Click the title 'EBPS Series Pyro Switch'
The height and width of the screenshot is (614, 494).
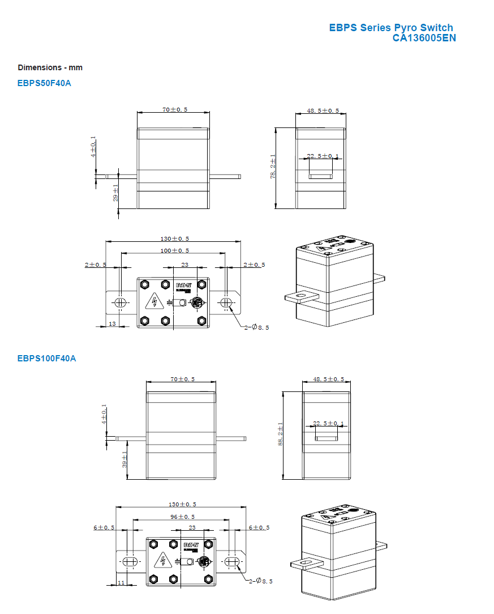click(x=391, y=28)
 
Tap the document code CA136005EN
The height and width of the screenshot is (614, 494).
click(x=424, y=38)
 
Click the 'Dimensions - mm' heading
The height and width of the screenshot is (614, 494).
click(x=50, y=67)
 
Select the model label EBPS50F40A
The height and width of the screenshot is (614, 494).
click(x=44, y=83)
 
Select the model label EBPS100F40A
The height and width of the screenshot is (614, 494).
click(x=46, y=358)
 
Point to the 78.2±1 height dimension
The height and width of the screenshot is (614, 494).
click(x=273, y=167)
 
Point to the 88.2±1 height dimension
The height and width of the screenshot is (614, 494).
click(x=280, y=434)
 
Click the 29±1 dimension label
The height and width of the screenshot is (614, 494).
click(x=115, y=193)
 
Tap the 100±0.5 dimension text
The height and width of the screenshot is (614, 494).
click(x=174, y=250)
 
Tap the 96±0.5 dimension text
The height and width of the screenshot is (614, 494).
click(x=182, y=517)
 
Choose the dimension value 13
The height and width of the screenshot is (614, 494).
click(x=112, y=323)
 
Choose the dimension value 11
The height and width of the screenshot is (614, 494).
click(x=121, y=582)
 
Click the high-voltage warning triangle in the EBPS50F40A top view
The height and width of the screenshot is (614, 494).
click(x=153, y=302)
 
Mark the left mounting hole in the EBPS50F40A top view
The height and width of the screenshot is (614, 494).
click(x=120, y=302)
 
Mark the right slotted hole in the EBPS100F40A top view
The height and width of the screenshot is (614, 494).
click(x=231, y=561)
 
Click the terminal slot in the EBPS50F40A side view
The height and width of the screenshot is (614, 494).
click(x=320, y=177)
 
